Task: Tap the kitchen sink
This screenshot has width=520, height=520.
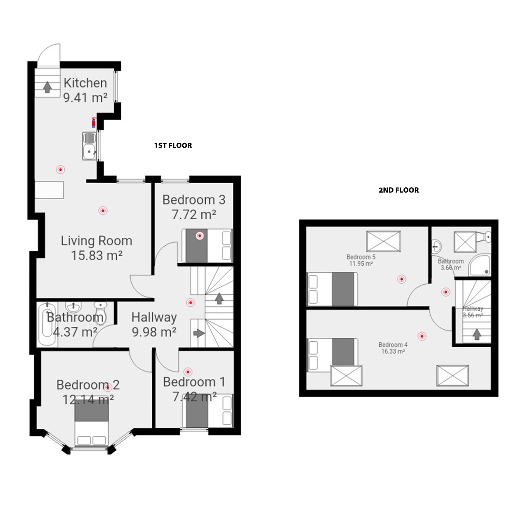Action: (89, 146)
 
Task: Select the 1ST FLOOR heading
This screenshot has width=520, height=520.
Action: (173, 145)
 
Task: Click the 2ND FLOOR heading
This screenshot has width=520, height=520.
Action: (399, 190)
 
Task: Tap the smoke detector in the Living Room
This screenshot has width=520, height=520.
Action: (103, 210)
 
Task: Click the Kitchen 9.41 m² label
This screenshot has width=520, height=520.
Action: (85, 90)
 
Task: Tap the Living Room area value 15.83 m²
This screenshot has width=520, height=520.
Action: (97, 255)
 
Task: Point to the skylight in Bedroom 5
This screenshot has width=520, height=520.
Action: (383, 241)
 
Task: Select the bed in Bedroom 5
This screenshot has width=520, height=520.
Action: (332, 289)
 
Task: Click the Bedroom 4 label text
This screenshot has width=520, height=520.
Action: (393, 345)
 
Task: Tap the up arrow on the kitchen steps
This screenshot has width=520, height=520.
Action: (48, 87)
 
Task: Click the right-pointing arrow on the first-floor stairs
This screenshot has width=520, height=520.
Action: (199, 333)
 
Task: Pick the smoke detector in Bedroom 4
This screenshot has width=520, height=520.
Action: (422, 336)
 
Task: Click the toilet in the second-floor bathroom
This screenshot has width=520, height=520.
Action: (485, 236)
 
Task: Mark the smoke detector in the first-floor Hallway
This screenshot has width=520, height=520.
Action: (191, 302)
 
